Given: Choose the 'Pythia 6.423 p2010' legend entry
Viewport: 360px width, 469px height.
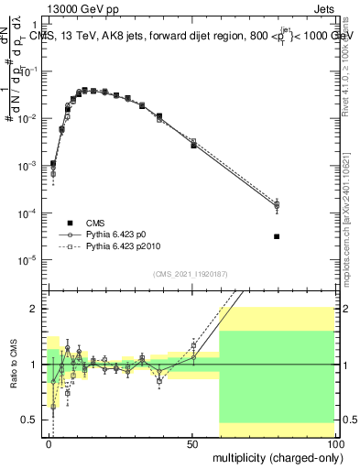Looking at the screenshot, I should [x=105, y=247].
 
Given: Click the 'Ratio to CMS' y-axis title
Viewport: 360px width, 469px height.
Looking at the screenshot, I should [x=16, y=364].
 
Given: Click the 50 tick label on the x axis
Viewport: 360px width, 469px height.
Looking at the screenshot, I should [x=192, y=442].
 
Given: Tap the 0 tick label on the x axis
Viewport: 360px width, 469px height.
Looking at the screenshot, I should [x=49, y=442].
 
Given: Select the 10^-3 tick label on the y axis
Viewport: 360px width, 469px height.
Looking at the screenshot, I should [x=30, y=166].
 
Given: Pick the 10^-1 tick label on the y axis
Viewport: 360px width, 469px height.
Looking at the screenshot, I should [x=30, y=71].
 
